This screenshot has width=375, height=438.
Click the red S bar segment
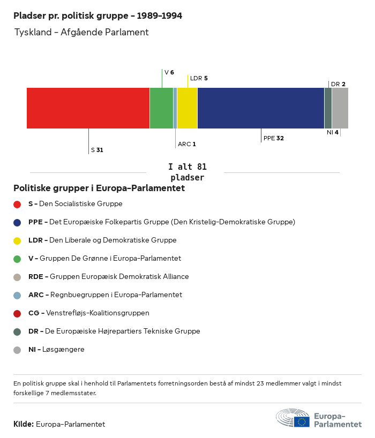pyautogui.click(x=88, y=108)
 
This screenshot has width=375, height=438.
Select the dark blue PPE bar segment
pyautogui.click(x=260, y=108)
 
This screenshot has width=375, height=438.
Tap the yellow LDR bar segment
pyautogui.click(x=187, y=108)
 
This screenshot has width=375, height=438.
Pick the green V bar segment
pyautogui.click(x=161, y=108)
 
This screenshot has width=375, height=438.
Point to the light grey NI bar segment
pyautogui.click(x=340, y=108)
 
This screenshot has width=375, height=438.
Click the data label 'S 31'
pyautogui.click(x=97, y=150)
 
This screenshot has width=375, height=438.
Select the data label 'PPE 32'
pyautogui.click(x=273, y=138)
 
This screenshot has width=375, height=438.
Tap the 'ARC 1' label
pyautogui.click(x=187, y=144)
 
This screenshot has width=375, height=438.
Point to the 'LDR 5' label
pyautogui.click(x=199, y=78)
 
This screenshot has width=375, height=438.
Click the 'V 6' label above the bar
pyautogui.click(x=169, y=72)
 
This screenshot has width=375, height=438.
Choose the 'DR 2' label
pyautogui.click(x=338, y=84)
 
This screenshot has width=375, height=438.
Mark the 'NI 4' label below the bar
pyautogui.click(x=333, y=132)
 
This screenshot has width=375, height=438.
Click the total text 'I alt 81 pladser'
pyautogui.click(x=187, y=172)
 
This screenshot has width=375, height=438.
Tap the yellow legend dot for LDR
pyautogui.click(x=17, y=240)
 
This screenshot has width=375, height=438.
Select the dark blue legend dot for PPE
pyautogui.click(x=17, y=222)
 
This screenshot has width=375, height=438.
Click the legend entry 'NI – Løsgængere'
pyautogui.click(x=56, y=350)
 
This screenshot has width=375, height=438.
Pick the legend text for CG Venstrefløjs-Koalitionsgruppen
pyautogui.click(x=89, y=313)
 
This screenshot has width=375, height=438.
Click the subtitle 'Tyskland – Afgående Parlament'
pyautogui.click(x=81, y=33)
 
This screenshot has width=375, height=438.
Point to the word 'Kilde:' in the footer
pyautogui.click(x=24, y=425)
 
